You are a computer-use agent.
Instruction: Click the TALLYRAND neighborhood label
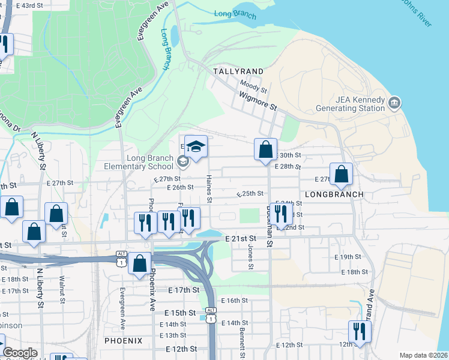click(x=238, y=71)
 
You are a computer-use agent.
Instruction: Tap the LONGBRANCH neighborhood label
click(x=334, y=194)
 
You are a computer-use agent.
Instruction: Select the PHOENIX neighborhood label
click(x=123, y=340)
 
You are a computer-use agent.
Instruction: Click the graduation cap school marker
click(x=195, y=146)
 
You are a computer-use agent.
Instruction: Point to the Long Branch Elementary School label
click(x=130, y=162)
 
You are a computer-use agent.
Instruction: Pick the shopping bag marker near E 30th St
click(x=265, y=149)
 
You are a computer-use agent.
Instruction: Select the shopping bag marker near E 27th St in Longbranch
click(x=341, y=174)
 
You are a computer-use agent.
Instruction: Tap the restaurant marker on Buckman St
click(x=280, y=213)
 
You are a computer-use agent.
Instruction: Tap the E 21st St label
click(x=241, y=238)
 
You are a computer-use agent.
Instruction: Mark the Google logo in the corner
click(x=20, y=353)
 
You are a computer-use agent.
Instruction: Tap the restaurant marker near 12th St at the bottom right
click(x=360, y=331)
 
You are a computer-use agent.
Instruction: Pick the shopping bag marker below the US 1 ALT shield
click(x=140, y=263)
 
